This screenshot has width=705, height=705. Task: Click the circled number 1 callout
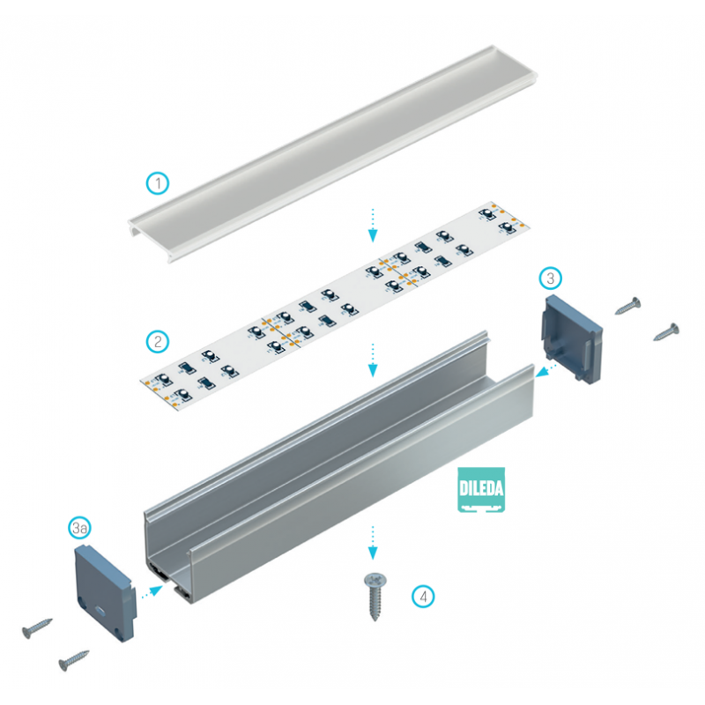click(157, 183)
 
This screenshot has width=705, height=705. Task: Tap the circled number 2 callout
click(156, 340)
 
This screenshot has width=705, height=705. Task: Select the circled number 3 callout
click(549, 278)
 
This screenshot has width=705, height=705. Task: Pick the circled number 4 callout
click(424, 596)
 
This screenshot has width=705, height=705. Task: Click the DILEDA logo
click(481, 490)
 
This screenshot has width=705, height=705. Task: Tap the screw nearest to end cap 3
click(628, 305)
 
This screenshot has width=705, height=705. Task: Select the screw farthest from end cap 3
click(666, 331)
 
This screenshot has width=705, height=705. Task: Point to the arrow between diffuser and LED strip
click(373, 225)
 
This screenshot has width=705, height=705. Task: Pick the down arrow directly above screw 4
click(373, 542)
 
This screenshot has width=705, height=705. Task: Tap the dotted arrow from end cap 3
click(547, 368)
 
